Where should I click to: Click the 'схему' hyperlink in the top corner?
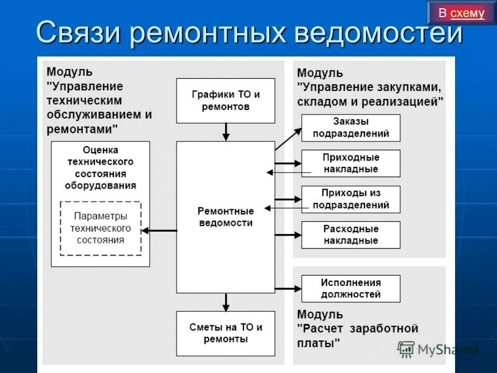tap(467, 13)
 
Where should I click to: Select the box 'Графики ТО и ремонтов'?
tap(225, 101)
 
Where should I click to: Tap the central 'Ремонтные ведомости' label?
tap(225, 217)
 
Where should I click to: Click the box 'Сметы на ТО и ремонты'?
tap(225, 333)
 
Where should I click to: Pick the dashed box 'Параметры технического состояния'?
tap(100, 228)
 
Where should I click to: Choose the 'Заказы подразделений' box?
tap(350, 127)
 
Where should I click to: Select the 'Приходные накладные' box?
tap(350, 163)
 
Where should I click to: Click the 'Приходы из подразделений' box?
tap(350, 199)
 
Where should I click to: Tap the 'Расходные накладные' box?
tap(350, 235)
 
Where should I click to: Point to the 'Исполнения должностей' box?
tap(350, 289)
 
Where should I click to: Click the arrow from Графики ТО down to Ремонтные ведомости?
tap(225, 132)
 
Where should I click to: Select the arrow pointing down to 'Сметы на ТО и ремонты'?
tap(225, 302)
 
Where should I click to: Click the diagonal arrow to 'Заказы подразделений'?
tap(288, 139)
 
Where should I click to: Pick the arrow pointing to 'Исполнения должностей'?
tap(288, 288)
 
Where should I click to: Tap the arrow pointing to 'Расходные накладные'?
tap(288, 235)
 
